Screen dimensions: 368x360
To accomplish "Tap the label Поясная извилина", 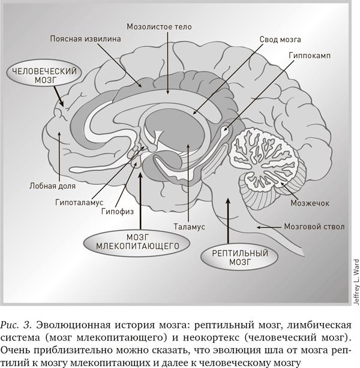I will coord(85,39).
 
